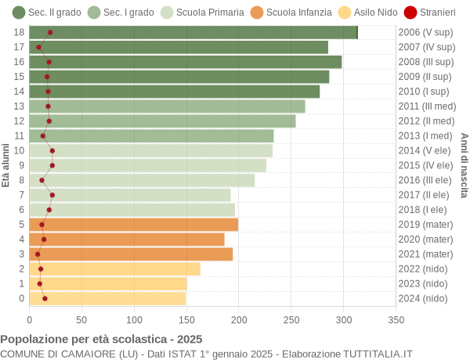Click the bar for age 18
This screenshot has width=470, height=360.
coord(193,32)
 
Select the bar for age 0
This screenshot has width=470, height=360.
coord(107,298)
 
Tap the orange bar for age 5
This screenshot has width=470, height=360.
coord(134,225)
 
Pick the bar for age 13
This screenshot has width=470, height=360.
coord(167,106)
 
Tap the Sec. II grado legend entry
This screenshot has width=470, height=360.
coord(46,12)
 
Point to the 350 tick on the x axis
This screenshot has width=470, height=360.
coord(396,319)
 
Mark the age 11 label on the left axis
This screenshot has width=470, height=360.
coord(20,135)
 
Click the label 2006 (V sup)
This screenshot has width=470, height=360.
coord(425,32)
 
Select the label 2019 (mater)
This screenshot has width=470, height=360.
coord(425,225)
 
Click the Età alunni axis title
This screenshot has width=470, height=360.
coord(6,165)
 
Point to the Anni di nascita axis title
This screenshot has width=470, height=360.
coord(464,165)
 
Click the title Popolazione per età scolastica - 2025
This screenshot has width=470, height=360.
coord(101,340)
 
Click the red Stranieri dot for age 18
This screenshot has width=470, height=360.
coord(50,32)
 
